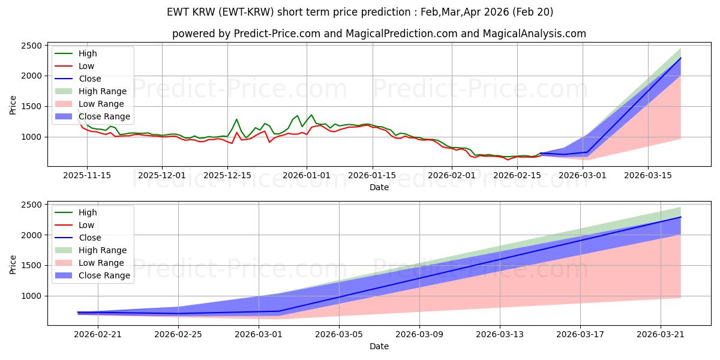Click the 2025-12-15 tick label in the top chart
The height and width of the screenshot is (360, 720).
tap(227, 175)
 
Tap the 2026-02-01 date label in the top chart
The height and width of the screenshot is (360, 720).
tap(452, 175)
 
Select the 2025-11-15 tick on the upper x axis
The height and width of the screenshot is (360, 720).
tap(87, 175)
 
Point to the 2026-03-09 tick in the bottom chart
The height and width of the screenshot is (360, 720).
tap(419, 335)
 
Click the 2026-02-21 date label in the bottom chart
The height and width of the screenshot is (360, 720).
tap(98, 335)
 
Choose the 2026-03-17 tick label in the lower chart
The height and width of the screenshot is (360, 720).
tap(580, 335)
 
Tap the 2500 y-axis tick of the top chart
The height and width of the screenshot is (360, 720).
tap(31, 46)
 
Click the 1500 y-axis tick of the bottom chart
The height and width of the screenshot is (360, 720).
tap(31, 265)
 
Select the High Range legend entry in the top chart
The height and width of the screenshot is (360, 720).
tap(91, 91)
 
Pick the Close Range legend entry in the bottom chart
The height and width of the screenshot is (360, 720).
tap(92, 275)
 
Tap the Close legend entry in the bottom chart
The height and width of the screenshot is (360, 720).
tap(78, 238)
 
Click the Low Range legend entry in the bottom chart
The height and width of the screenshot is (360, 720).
tap(89, 263)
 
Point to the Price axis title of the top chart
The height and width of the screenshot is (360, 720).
tap(13, 105)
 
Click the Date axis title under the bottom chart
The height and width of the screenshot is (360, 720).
tap(379, 346)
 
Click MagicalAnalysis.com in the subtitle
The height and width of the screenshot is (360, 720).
tap(534, 34)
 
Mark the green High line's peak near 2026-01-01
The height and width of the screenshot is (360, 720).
tap(311, 115)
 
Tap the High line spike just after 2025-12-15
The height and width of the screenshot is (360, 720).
tap(236, 119)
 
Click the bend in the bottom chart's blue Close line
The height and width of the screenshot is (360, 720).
tap(278, 311)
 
